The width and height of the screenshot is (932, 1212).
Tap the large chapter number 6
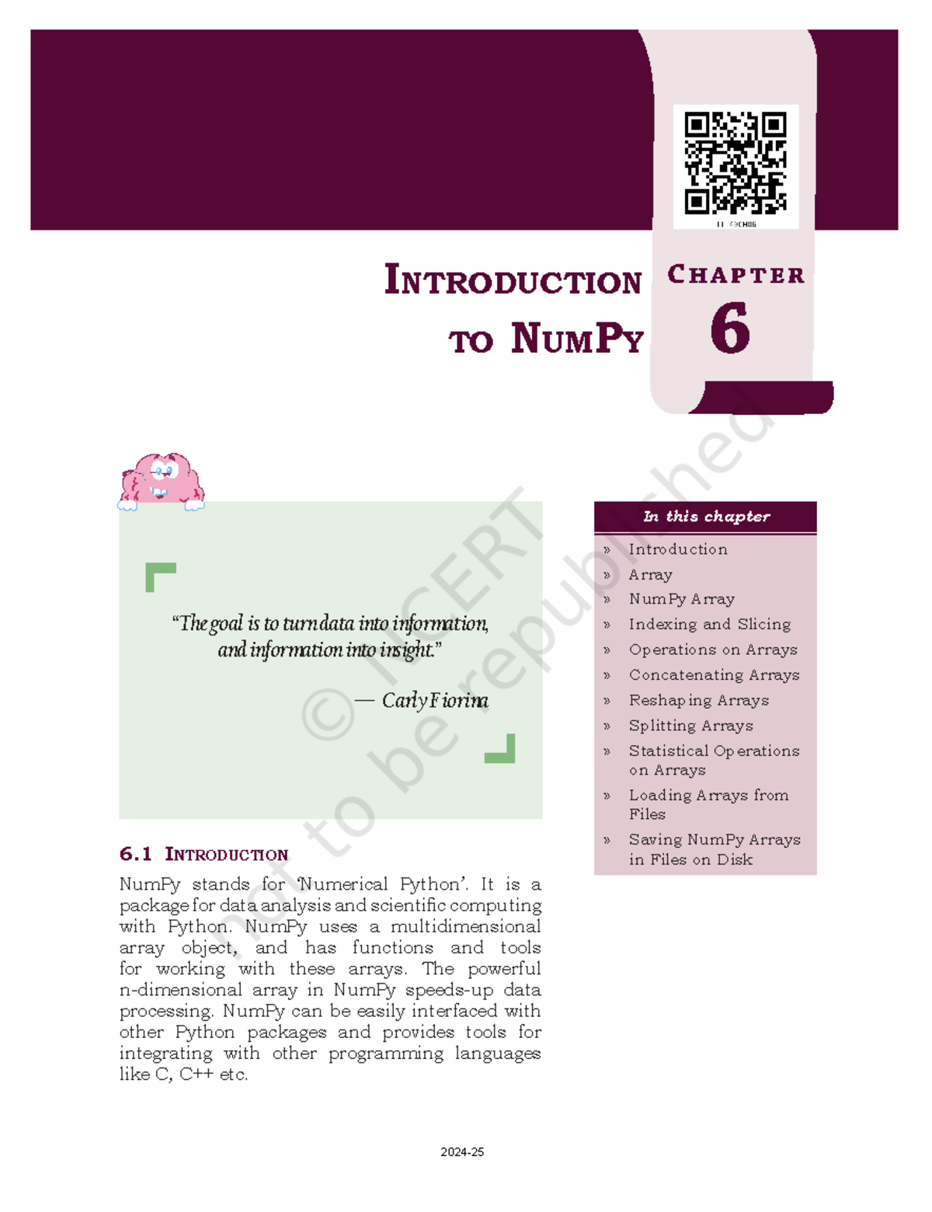(x=730, y=329)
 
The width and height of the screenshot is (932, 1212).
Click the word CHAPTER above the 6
(x=736, y=275)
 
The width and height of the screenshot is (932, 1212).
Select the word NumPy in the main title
(x=577, y=340)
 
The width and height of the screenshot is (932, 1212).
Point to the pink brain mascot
(x=161, y=479)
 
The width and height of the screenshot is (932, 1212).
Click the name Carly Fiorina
(x=435, y=701)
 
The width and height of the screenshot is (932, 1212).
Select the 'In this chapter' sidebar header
(x=706, y=517)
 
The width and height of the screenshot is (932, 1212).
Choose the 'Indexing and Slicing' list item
(x=709, y=624)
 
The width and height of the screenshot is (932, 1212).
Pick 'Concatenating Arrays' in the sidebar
(x=714, y=675)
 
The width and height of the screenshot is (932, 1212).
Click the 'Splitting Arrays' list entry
(x=690, y=726)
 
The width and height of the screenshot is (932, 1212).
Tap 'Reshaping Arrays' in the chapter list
(x=698, y=700)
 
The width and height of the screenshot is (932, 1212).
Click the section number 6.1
(x=135, y=855)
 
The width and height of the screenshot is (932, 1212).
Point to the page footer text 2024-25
(x=462, y=1152)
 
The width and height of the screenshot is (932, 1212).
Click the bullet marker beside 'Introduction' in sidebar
(x=607, y=550)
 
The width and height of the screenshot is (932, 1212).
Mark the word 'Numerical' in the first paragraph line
(x=343, y=884)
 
